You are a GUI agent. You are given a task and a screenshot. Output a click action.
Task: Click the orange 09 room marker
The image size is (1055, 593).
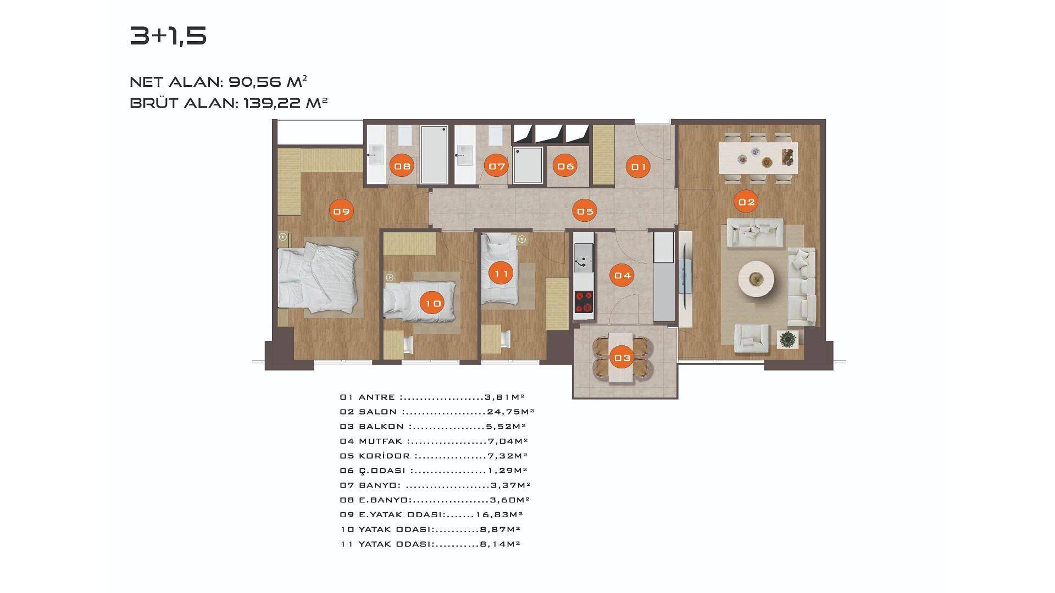[341, 211]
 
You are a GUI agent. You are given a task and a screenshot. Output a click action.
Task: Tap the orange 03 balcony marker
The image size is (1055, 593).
[623, 358]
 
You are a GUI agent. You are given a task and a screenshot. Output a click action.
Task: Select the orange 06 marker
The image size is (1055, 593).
[565, 166]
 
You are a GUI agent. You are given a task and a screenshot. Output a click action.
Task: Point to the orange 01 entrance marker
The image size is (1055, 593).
[638, 166]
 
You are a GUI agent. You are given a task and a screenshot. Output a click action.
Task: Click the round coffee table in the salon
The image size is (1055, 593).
[756, 279]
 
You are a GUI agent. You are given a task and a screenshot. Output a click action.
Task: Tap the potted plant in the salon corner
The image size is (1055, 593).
[788, 339]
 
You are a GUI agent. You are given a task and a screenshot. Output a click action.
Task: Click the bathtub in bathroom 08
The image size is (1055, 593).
[434, 154]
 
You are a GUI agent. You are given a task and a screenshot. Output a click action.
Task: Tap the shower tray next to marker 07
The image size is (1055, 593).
[527, 165]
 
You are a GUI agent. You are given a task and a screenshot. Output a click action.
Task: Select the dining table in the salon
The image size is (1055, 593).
[758, 158]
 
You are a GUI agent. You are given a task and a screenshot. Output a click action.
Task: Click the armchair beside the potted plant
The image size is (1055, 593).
[751, 337]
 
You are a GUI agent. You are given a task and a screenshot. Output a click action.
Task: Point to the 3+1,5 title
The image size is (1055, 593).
[168, 36]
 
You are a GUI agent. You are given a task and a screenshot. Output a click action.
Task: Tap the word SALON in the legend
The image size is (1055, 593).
[377, 412]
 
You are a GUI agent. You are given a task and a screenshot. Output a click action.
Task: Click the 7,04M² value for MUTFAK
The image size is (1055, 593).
[508, 441]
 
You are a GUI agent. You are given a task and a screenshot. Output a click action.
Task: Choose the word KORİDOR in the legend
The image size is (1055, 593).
[384, 456]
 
